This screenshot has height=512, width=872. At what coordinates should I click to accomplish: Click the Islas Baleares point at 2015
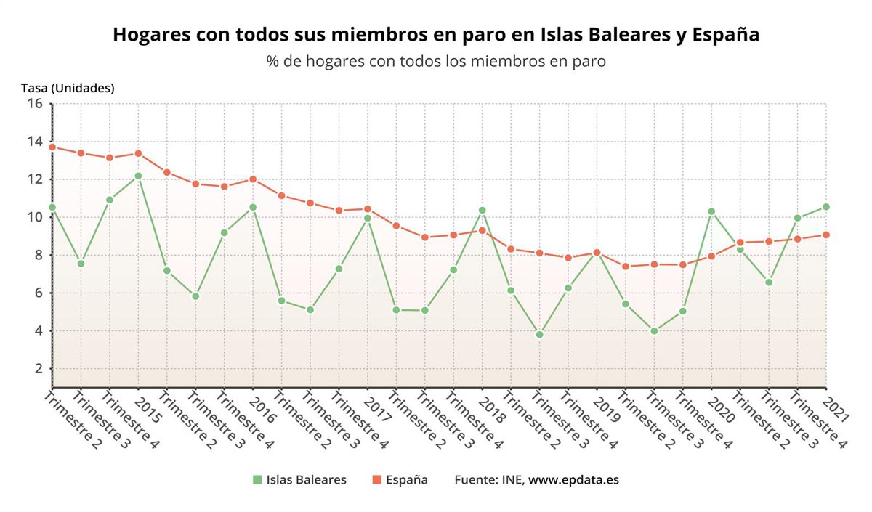coord(138,176)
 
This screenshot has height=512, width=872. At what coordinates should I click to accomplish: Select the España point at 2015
coord(138,153)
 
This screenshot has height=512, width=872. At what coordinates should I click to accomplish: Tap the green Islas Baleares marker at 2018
coord(482,211)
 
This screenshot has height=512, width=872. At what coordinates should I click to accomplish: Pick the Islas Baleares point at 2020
coord(711,211)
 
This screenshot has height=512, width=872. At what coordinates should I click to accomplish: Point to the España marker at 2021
coord(826,235)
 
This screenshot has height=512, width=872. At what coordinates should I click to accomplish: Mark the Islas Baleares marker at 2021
coord(826,207)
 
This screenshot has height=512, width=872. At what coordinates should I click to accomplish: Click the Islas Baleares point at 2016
coord(253,207)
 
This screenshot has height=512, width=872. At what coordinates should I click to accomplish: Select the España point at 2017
coord(368,209)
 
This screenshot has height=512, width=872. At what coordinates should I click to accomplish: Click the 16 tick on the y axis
coord(35,104)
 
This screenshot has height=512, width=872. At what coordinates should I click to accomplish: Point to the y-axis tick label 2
coord(39,369)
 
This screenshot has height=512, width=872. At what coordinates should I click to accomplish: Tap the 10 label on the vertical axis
coord(35,217)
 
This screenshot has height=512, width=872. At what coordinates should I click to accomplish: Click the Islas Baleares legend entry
coord(306,480)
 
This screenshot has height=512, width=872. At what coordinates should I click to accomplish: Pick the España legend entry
coord(406,480)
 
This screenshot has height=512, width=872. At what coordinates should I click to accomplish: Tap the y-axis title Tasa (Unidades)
coord(68,88)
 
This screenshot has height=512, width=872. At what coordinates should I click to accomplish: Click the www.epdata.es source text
coord(573,480)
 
